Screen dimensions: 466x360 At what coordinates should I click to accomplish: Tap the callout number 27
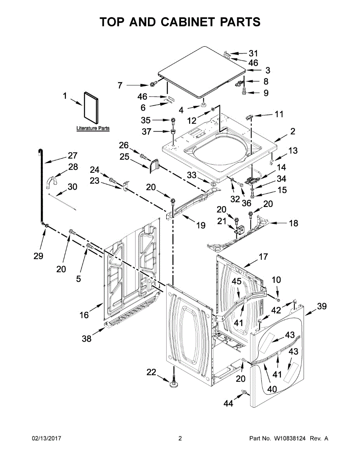(x=73, y=156)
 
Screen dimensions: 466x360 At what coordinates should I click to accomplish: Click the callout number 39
(x=322, y=306)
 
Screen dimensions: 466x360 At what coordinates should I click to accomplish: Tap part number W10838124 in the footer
(x=290, y=438)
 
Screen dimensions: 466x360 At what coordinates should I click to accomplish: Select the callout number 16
(x=84, y=315)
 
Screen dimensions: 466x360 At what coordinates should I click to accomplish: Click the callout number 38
(x=87, y=339)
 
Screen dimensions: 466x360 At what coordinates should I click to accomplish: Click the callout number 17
(x=263, y=256)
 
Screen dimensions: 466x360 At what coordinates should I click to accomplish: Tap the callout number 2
(x=292, y=131)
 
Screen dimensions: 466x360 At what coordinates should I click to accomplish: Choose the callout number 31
(x=253, y=53)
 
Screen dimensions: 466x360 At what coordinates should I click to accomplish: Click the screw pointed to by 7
(x=153, y=83)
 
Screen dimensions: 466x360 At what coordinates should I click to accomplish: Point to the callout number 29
(x=38, y=256)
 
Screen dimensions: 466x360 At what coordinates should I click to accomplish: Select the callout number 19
(x=201, y=225)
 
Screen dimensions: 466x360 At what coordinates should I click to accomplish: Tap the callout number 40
(x=271, y=388)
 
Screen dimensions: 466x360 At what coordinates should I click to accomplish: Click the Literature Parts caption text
(x=93, y=128)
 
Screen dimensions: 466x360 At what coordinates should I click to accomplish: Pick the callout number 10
(x=276, y=280)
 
